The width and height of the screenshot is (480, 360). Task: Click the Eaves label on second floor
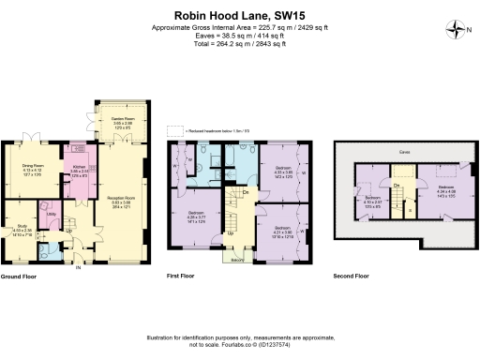pos(404,151)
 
